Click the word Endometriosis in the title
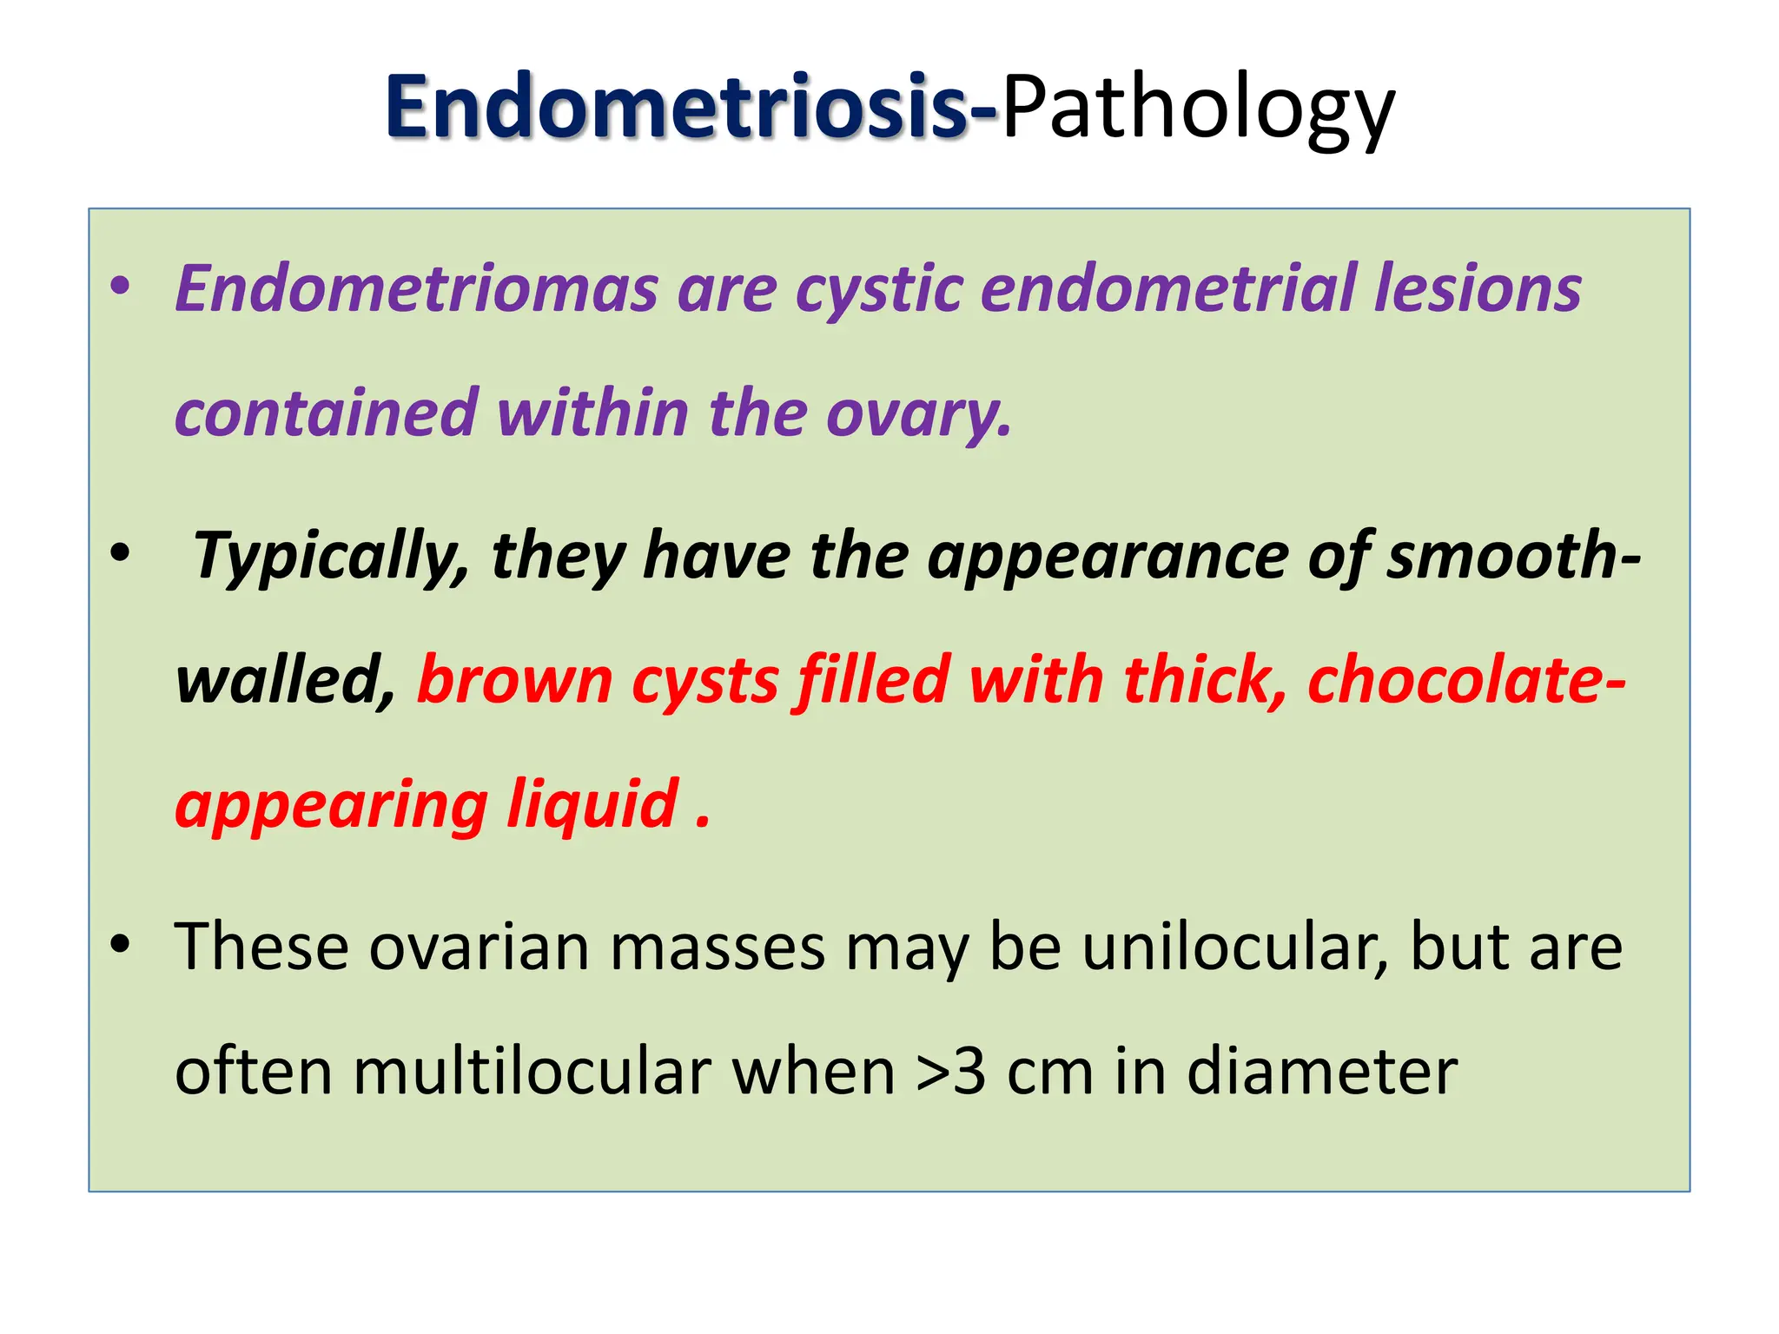[678, 109]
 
